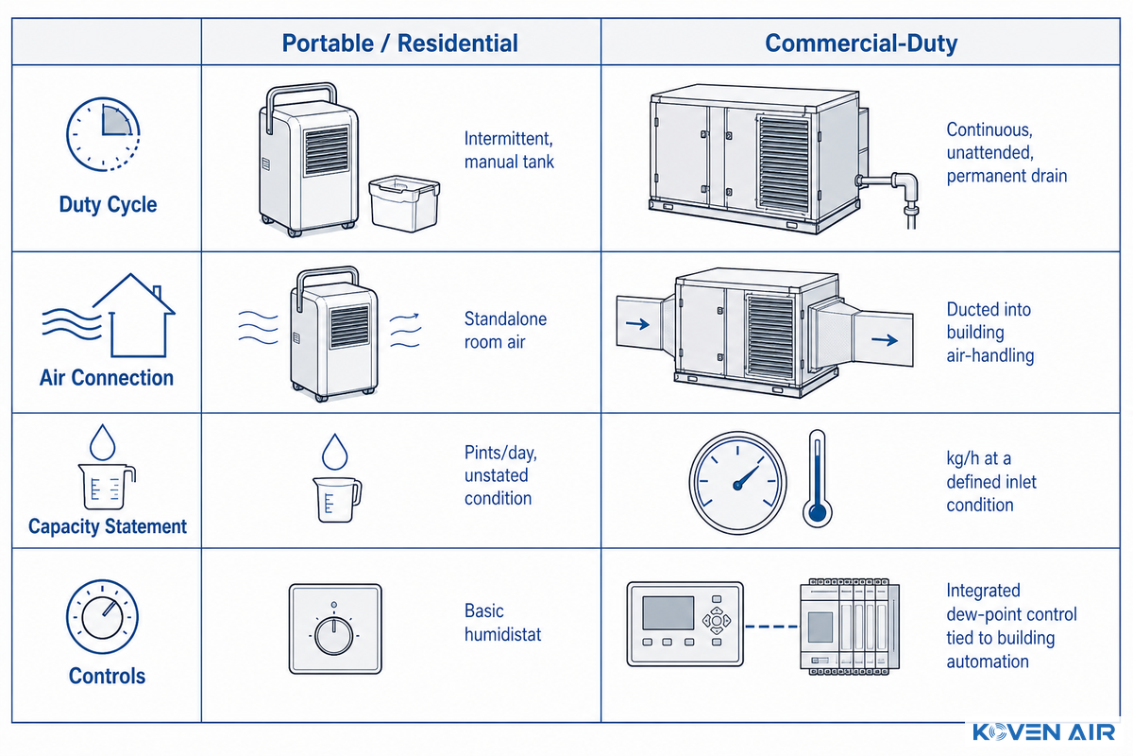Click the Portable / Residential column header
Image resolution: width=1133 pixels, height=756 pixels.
click(399, 43)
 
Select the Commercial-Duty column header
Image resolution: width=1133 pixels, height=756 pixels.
click(861, 43)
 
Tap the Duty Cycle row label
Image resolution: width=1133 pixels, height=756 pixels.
click(108, 204)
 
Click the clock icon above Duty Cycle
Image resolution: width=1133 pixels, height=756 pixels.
click(103, 135)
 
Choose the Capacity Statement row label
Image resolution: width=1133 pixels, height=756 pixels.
click(108, 526)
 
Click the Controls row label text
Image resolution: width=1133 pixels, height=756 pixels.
click(107, 676)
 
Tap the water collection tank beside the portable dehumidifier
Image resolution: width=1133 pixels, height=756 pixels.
click(404, 203)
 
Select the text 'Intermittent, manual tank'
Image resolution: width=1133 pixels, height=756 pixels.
click(509, 150)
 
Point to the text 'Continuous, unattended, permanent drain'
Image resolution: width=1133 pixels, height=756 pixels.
click(1006, 152)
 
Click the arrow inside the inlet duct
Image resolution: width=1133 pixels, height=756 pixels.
click(637, 324)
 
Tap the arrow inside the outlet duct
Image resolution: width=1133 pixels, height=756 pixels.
click(885, 340)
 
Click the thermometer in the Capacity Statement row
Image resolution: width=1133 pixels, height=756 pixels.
click(818, 478)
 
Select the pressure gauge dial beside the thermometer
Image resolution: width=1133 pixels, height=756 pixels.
click(738, 483)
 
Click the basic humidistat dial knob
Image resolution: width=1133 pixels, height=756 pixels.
click(334, 636)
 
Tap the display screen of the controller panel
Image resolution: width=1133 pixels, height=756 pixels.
click(668, 613)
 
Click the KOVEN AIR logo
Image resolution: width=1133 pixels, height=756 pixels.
click(1044, 732)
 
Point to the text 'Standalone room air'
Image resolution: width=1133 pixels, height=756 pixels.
click(505, 331)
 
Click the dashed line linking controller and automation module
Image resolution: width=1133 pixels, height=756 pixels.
click(771, 627)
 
